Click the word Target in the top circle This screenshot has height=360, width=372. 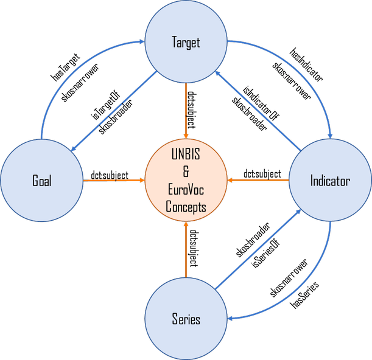tap(186, 43)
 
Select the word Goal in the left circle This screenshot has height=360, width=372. tap(42, 181)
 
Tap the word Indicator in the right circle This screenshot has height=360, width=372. tap(329, 181)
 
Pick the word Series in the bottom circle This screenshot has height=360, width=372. tap(186, 319)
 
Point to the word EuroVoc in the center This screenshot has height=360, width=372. tap(186, 194)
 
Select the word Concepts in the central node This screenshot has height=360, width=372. tap(186, 208)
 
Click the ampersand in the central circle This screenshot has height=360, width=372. tap(186, 175)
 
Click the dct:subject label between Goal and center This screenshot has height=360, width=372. tap(109, 175)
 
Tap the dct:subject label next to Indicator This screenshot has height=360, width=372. tap(262, 175)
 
